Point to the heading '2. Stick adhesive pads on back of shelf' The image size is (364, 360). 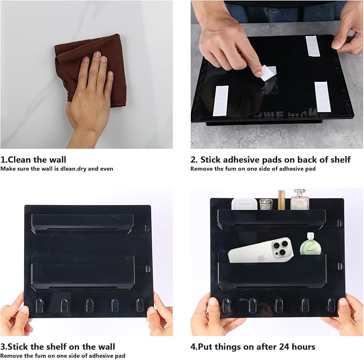pyautogui.click(x=271, y=159)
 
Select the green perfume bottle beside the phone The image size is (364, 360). pyautogui.click(x=310, y=245)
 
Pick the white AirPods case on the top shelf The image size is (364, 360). pyautogui.click(x=244, y=204)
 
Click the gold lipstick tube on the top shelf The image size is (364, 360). pyautogui.click(x=281, y=200)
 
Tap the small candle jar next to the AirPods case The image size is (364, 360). pyautogui.click(x=266, y=204)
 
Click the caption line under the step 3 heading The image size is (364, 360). pyautogui.click(x=63, y=356)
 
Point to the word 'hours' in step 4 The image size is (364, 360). pyautogui.click(x=301, y=347)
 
